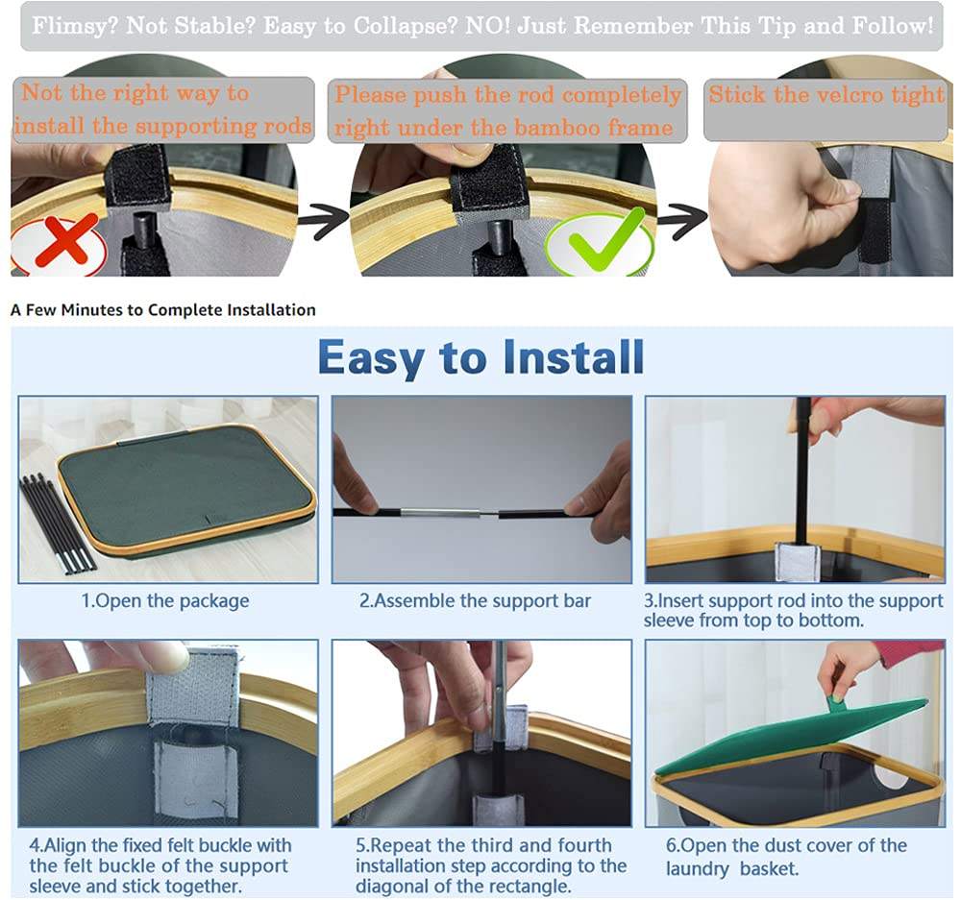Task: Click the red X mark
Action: pos(66,239)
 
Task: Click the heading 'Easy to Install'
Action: pos(481,358)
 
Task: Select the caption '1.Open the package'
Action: pos(165,601)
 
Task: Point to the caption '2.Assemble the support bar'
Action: pos(475,601)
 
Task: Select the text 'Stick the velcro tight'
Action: pos(826,95)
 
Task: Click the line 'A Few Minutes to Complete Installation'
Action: pos(163,310)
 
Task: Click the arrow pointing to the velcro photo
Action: pos(682,221)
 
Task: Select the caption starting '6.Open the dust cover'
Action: pos(786,857)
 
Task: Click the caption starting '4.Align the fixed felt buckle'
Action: pos(160,865)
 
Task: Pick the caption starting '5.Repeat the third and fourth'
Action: pos(491,865)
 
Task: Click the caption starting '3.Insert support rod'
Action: pos(793,610)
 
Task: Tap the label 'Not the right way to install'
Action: pos(163,109)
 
